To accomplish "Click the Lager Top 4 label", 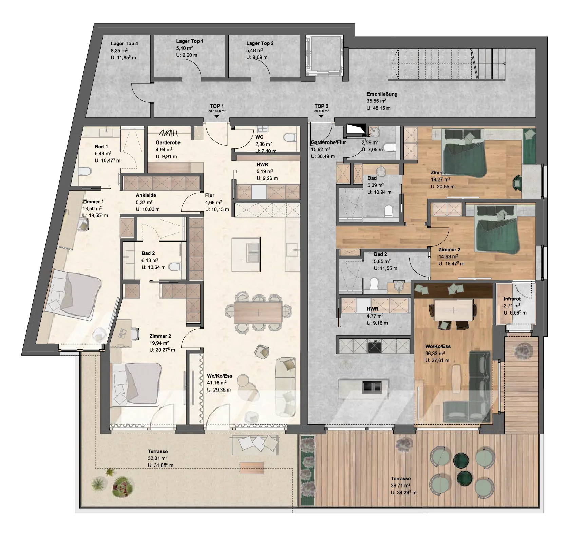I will click(x=124, y=44).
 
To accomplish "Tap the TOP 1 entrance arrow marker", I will click(x=217, y=116).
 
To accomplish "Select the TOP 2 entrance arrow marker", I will click(x=321, y=116).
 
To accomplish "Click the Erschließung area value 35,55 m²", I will click(x=376, y=101).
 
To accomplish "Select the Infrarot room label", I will click(x=512, y=299).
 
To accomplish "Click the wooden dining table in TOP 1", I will click(x=258, y=312).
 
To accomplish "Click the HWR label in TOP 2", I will click(x=372, y=309).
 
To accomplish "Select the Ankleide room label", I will click(x=146, y=195).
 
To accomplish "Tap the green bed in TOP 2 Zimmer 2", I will click(x=497, y=231).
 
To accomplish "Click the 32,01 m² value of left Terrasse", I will click(x=157, y=458).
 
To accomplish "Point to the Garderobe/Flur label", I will click(x=328, y=142).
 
